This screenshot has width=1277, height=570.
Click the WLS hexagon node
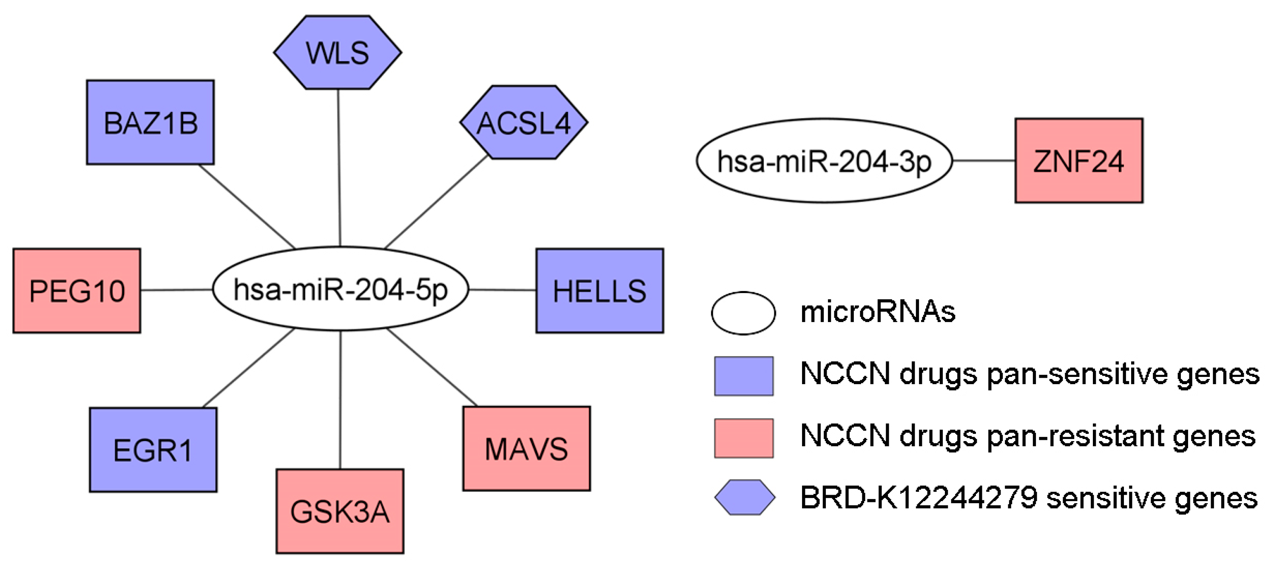coord(338,53)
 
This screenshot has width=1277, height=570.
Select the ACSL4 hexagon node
coord(524,123)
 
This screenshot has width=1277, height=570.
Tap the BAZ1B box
coord(150,123)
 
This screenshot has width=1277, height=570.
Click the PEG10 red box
coord(77,291)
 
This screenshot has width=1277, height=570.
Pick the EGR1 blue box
coord(153,450)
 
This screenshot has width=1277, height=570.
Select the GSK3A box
coord(340,511)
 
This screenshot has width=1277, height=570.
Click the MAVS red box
coord(526,449)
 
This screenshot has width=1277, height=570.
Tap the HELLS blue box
coord(599,291)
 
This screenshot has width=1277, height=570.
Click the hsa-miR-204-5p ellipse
coord(341,289)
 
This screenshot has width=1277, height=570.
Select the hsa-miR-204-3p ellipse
coord(824,161)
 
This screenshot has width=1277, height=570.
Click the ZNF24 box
coord(1079,161)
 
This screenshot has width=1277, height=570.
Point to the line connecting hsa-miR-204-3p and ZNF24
coord(984,161)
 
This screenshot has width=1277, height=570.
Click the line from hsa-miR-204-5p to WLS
coord(339,169)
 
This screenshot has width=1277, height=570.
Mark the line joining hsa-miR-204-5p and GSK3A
coord(340,400)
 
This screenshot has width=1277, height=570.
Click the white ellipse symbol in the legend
coord(743,313)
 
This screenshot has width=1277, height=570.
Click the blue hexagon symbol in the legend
coord(745,497)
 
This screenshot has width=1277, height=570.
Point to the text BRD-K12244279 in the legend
coord(919,498)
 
